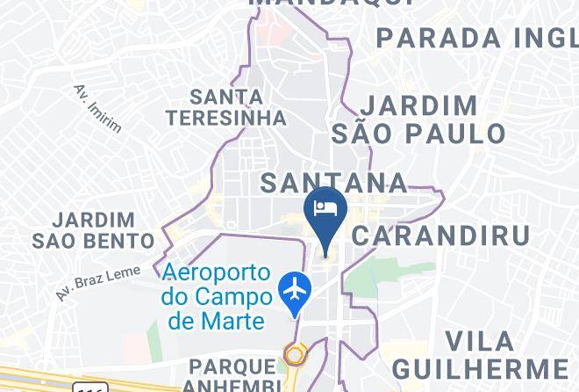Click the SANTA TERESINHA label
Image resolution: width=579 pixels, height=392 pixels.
point(227,106)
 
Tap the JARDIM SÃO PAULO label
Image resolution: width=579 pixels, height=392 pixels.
point(419,120)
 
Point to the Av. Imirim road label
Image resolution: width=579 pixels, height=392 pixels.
point(97,108)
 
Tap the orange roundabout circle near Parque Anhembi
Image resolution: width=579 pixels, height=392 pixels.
point(295,355)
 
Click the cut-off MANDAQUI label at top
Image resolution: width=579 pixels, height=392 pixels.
point(333,4)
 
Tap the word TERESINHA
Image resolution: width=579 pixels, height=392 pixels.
point(227,117)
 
